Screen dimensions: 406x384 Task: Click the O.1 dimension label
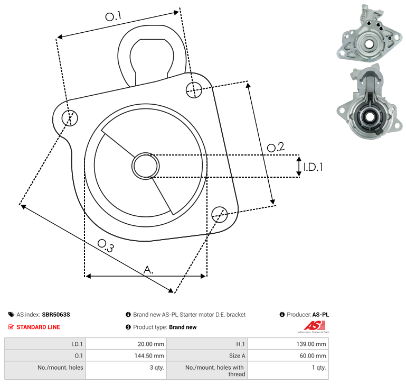(113, 16)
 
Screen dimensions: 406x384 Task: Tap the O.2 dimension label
(276, 147)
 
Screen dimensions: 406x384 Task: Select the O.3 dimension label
(106, 245)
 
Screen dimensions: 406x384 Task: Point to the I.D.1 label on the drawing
(313, 167)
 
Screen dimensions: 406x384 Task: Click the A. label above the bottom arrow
(148, 270)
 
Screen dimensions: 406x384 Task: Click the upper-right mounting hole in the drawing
(194, 90)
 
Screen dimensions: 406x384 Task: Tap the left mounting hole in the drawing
(70, 118)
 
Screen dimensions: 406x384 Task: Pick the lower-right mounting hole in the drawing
(220, 215)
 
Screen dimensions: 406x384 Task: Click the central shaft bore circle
(146, 166)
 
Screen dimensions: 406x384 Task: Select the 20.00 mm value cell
(126, 344)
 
